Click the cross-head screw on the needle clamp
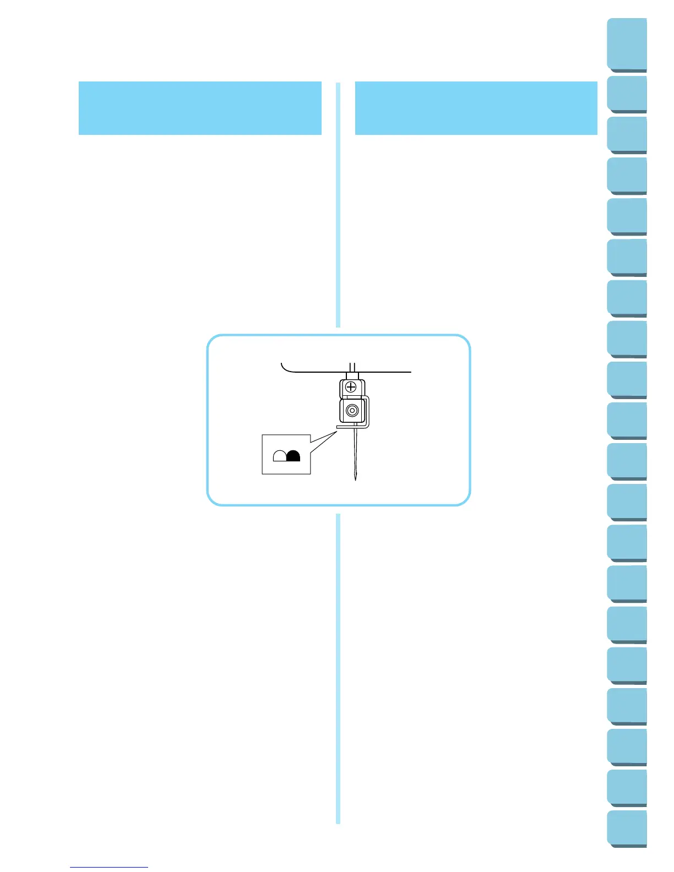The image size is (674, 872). [351, 387]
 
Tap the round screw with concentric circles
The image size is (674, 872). [352, 411]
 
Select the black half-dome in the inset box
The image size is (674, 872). [294, 455]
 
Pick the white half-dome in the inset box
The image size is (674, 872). [280, 455]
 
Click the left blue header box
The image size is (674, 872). [200, 108]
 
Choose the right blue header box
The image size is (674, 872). [476, 108]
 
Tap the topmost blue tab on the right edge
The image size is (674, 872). [627, 44]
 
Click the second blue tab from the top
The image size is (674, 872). [627, 94]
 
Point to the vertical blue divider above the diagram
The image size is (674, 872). [338, 204]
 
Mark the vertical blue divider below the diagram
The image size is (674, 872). [338, 666]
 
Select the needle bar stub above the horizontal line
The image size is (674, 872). [352, 366]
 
